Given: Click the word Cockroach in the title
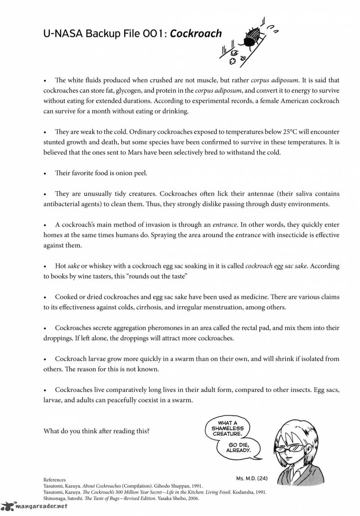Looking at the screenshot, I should click(196, 34).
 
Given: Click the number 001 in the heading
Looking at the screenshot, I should click(150, 34).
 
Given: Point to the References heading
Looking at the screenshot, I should click(54, 480).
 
